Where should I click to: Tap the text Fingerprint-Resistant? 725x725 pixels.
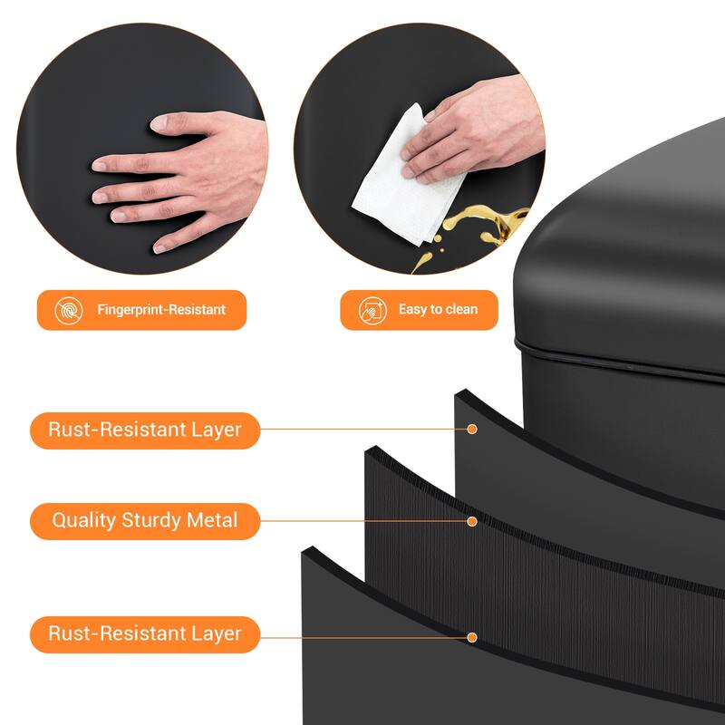161,310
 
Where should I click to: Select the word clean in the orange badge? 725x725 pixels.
461,310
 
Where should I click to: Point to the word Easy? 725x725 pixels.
412,310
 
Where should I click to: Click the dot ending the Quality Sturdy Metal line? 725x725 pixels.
471,521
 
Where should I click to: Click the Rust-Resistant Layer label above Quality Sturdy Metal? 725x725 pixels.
145,430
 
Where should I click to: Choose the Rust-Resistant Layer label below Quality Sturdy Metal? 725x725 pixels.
145,633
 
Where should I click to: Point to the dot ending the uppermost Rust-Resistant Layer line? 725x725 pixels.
471,429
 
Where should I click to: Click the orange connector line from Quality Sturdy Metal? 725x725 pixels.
362,521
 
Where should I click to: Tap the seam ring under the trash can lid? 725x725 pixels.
616,353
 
